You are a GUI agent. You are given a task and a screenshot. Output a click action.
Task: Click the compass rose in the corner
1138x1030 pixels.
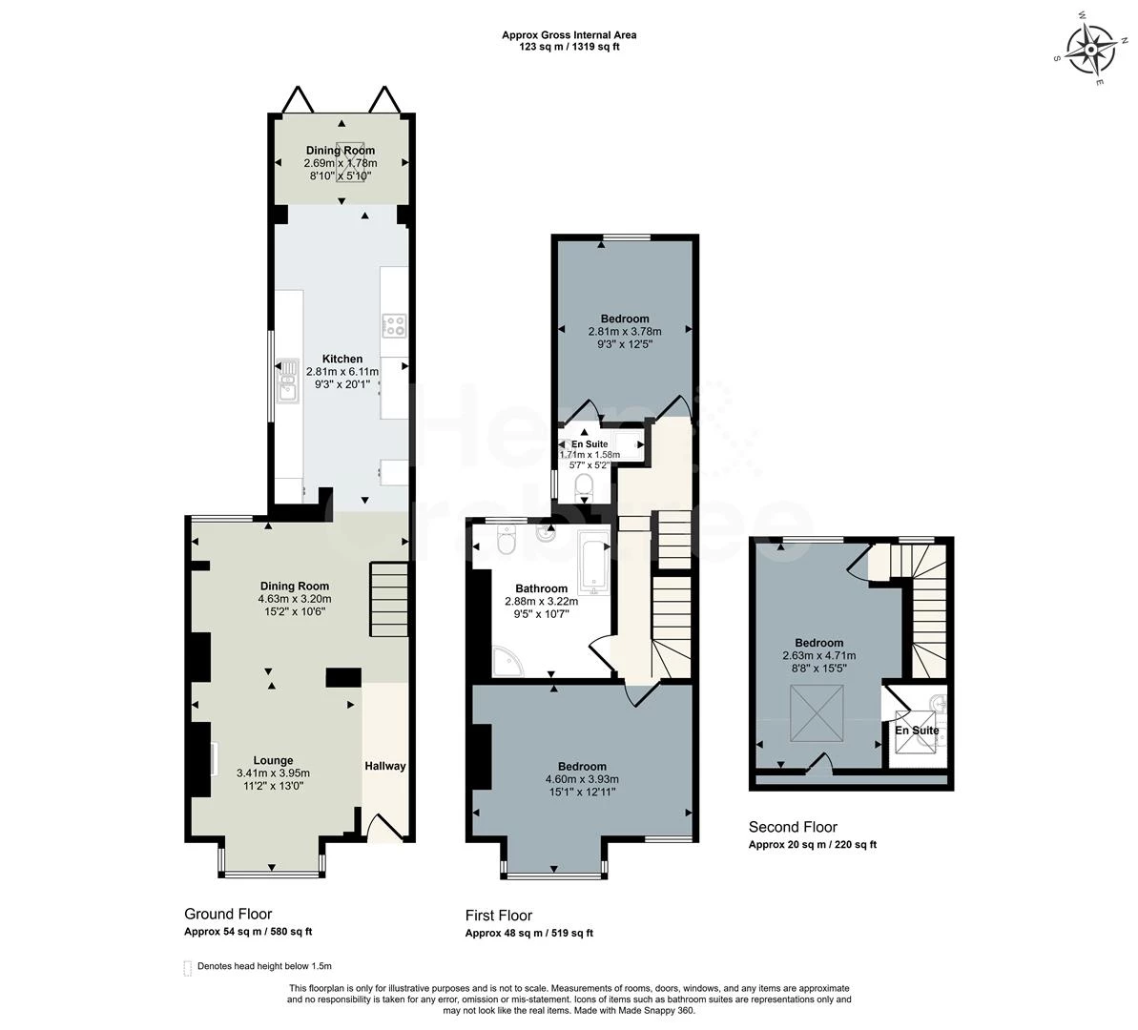point(1091,50)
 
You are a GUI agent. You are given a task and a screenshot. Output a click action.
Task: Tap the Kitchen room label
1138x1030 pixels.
point(342,359)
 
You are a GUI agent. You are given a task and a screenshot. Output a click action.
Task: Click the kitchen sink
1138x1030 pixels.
point(288,381)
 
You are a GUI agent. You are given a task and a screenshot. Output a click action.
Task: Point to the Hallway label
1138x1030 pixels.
point(384,766)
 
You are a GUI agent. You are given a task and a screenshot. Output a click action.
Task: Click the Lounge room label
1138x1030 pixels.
point(273,761)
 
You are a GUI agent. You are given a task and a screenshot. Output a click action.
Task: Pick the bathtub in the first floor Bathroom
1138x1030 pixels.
point(594,564)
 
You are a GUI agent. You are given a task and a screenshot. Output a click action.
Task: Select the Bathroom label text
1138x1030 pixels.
point(542,588)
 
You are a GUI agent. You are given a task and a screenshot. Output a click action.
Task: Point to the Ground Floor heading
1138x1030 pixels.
point(228,914)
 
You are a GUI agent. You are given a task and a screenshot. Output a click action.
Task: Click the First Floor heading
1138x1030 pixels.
point(499,916)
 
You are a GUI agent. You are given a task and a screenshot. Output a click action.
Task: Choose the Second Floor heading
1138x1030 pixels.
point(793,827)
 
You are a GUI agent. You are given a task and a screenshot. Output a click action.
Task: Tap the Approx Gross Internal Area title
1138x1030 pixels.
point(569,35)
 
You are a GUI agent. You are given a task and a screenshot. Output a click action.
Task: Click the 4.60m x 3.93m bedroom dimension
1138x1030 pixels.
point(582,779)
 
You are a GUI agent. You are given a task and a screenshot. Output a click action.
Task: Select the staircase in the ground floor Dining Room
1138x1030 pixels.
point(389,600)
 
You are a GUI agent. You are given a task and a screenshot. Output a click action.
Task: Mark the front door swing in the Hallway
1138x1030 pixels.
point(385,828)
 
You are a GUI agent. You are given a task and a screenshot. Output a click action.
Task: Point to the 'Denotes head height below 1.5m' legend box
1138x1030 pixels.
point(188,968)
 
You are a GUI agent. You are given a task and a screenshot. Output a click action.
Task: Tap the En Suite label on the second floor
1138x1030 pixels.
point(917,731)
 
